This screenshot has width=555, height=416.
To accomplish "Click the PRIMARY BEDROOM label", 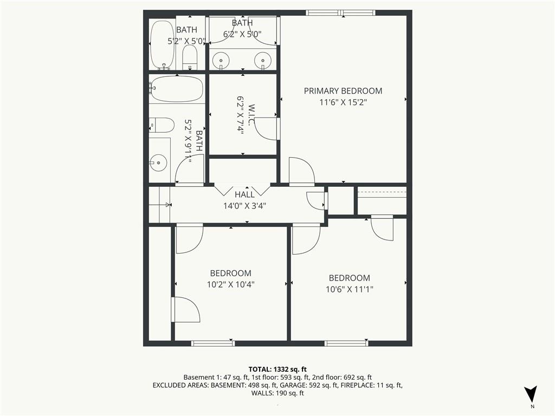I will (x=343, y=91).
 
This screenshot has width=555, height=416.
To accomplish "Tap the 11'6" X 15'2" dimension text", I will (x=343, y=102).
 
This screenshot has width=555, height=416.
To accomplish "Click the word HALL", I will (x=244, y=194).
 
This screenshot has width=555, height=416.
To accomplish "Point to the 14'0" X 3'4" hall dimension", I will (x=244, y=206).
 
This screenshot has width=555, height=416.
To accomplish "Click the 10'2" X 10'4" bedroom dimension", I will (x=230, y=284).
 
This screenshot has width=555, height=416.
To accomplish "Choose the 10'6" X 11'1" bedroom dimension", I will (x=349, y=289).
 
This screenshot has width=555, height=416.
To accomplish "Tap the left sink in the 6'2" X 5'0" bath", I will (x=221, y=60).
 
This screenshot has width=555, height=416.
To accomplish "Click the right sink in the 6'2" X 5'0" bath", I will (x=263, y=60).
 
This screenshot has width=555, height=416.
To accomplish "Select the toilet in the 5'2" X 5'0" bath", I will (x=190, y=57).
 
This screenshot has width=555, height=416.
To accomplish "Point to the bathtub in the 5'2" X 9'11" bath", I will (x=176, y=88).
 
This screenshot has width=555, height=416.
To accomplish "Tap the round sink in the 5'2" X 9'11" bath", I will (x=158, y=161).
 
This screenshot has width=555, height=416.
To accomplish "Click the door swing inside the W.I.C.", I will (x=265, y=129).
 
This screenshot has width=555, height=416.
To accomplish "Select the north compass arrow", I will (x=532, y=394).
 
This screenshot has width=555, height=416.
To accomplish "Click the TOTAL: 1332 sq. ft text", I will (x=277, y=369).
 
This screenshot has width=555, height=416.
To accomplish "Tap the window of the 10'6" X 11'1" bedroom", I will (x=346, y=343).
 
